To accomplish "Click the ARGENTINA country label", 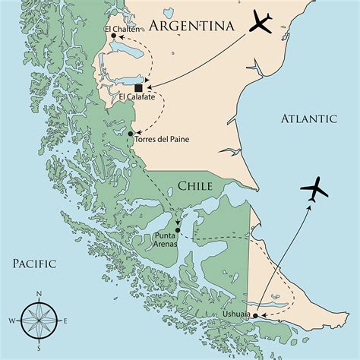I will pyautogui.click(x=191, y=26).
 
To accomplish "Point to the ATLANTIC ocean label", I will pyautogui.click(x=308, y=118).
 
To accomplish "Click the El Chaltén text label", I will pyautogui.click(x=117, y=28).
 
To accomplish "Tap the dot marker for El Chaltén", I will pyautogui.click(x=113, y=36).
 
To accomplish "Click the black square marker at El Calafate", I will pyautogui.click(x=138, y=88).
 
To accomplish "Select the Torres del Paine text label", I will pyautogui.click(x=162, y=139).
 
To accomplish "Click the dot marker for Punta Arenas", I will pyautogui.click(x=177, y=230).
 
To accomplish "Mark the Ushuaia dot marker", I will pyautogui.click(x=255, y=315).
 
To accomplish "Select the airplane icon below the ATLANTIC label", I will pyautogui.click(x=315, y=189).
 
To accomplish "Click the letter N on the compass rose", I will pyautogui.click(x=39, y=294).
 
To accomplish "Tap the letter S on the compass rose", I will pyautogui.click(x=39, y=350).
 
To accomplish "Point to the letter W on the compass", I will pyautogui.click(x=12, y=321).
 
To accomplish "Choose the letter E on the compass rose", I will pyautogui.click(x=66, y=321).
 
